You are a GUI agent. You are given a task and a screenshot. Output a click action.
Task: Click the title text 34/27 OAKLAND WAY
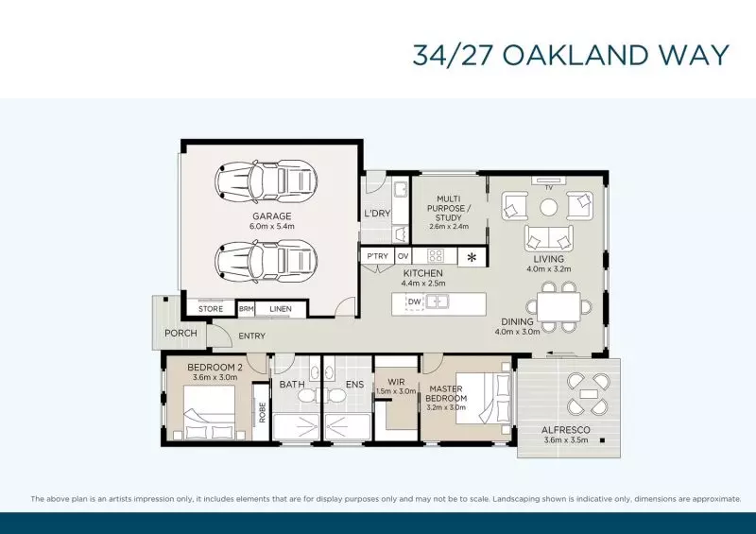(x=571, y=54)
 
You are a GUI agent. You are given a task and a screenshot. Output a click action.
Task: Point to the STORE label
(x=211, y=309)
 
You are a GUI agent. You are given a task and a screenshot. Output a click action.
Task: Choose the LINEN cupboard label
(x=281, y=309)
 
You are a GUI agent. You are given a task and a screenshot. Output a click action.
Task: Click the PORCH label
(x=180, y=333)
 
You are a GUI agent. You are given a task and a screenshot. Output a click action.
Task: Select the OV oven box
(x=403, y=256)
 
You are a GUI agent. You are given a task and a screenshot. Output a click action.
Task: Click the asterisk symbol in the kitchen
(x=472, y=256)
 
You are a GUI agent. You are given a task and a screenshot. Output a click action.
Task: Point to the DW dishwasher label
(x=414, y=302)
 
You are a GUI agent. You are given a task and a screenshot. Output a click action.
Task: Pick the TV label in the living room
(x=549, y=187)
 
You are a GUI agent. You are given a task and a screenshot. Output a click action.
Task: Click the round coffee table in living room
(x=549, y=206)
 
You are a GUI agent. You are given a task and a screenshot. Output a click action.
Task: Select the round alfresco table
(x=587, y=393)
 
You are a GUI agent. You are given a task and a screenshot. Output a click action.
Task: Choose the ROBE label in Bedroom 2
(x=262, y=412)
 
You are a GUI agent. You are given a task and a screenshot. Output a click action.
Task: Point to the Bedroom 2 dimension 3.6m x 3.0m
(x=215, y=377)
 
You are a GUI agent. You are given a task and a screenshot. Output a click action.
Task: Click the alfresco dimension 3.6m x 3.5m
(x=566, y=439)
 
